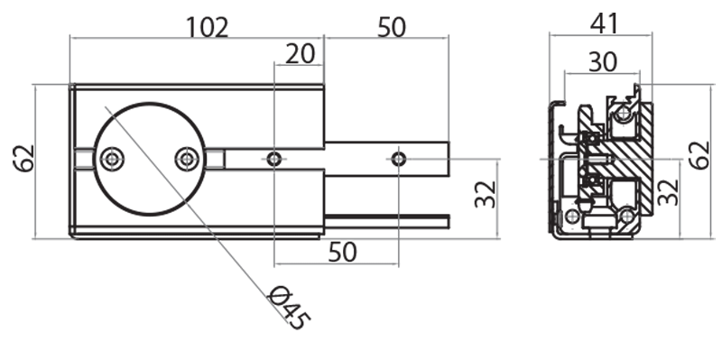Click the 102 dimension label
coord(208,28)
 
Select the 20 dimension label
coord(301,54)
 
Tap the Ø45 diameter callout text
coord(289,307)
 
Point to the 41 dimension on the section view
coord(604,24)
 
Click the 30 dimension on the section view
coord(603,62)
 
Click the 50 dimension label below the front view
coord(343,253)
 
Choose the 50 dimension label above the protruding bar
coord(392,28)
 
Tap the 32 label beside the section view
coord(668,191)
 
